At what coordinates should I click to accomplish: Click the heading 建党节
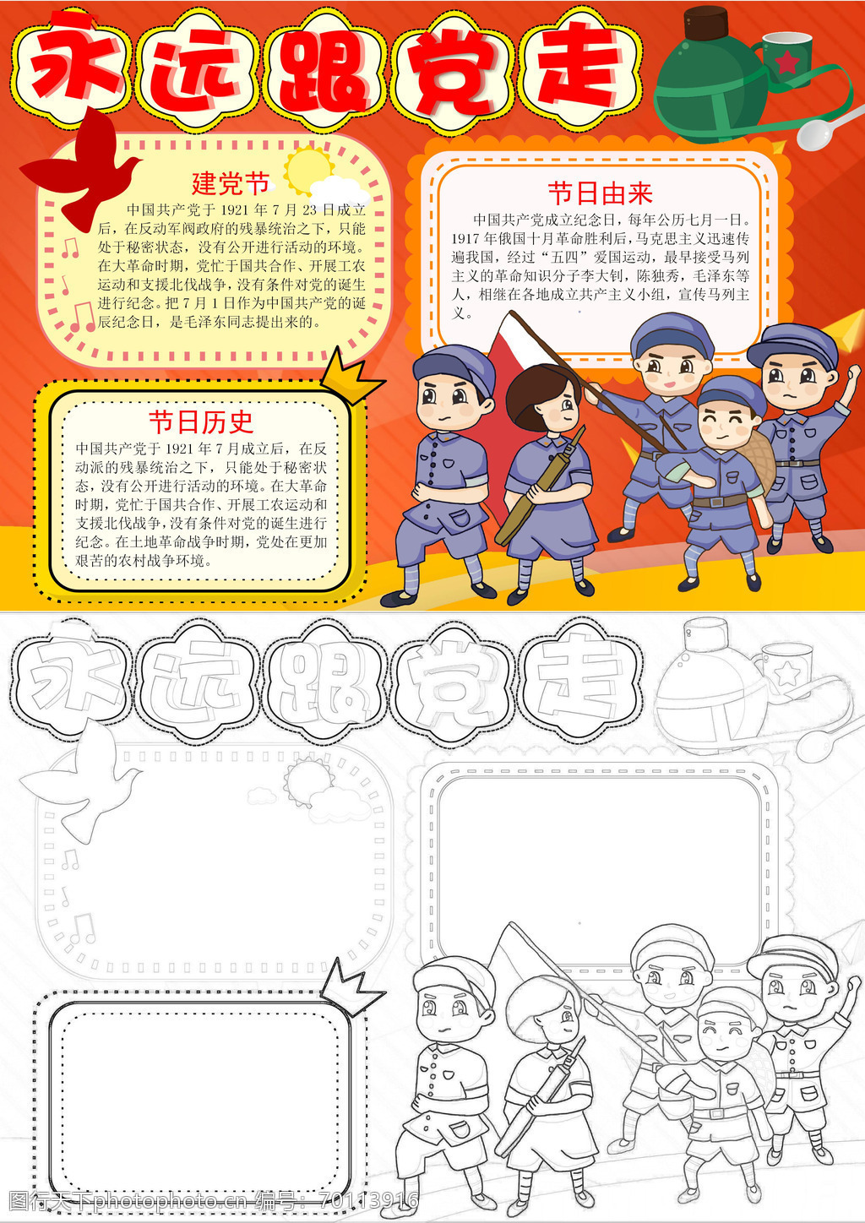pyautogui.click(x=231, y=183)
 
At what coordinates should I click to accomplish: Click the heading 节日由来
pyautogui.click(x=600, y=193)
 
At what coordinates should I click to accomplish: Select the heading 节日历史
pyautogui.click(x=201, y=421)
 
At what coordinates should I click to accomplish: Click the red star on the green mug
pyautogui.click(x=787, y=62)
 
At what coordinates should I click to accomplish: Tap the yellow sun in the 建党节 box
pyautogui.click(x=308, y=171)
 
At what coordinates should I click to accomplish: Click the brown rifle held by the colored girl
pyautogui.click(x=540, y=486)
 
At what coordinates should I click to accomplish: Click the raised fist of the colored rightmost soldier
pyautogui.click(x=852, y=377)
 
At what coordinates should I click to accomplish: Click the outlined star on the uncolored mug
pyautogui.click(x=787, y=673)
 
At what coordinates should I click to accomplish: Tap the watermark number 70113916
pyautogui.click(x=368, y=1200)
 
